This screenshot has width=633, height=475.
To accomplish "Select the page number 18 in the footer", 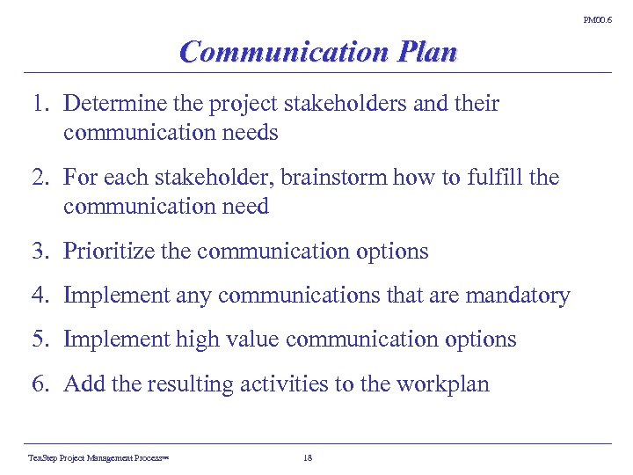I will (307, 457).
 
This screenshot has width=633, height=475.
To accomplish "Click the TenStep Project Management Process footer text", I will (98, 457).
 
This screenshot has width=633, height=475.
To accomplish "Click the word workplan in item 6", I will (445, 384).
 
